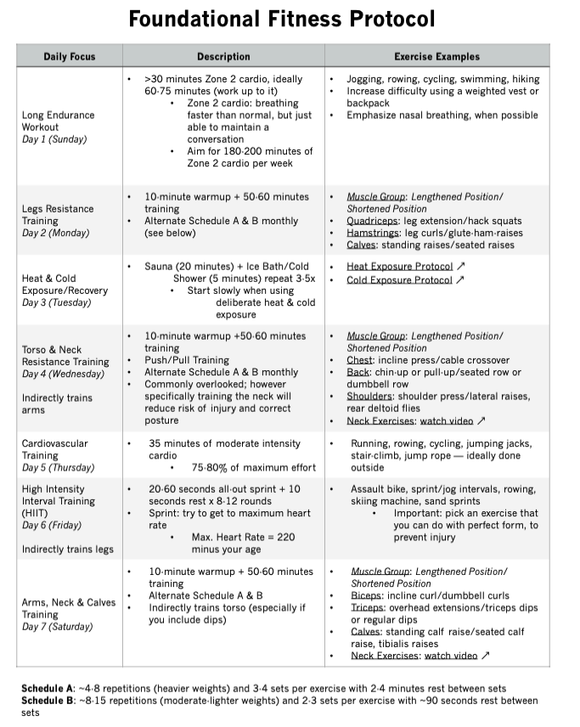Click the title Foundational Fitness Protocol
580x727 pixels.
click(x=281, y=18)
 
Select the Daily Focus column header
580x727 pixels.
click(x=70, y=57)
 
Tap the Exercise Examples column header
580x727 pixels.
click(x=436, y=57)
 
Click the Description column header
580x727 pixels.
click(x=223, y=57)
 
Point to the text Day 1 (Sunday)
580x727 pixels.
click(x=54, y=139)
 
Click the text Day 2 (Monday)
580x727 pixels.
click(x=55, y=233)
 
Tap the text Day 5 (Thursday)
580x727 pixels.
click(x=57, y=467)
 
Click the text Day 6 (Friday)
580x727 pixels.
click(x=51, y=525)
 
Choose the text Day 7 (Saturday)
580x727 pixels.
click(x=58, y=626)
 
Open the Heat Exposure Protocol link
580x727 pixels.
click(x=401, y=267)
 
